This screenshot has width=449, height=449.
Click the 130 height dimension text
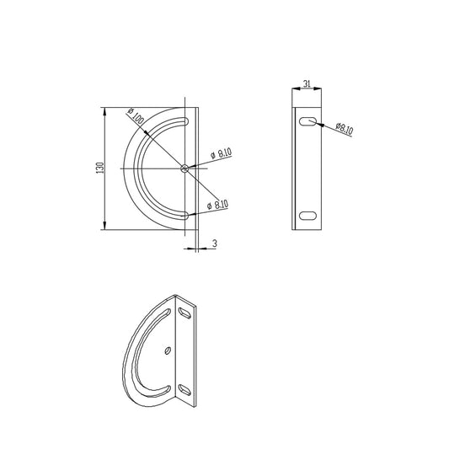click(100, 168)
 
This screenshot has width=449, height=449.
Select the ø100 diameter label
click(135, 117)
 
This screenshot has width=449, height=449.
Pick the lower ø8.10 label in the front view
click(217, 203)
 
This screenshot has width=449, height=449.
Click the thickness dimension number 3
click(216, 243)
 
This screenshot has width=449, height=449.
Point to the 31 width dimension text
click(307, 83)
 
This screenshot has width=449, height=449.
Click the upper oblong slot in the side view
click(308, 122)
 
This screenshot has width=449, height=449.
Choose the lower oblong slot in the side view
click(308, 216)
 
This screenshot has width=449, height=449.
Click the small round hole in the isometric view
click(168, 349)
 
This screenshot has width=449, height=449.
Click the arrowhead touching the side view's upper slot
click(317, 124)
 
